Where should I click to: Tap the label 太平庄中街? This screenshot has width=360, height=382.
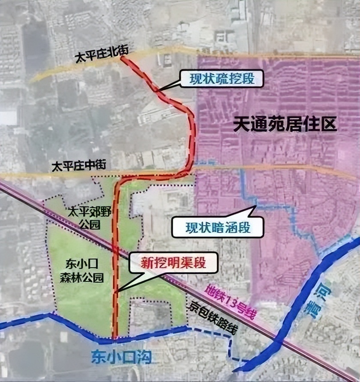coord(78,166)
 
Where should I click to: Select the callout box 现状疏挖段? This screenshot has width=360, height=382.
coord(220,79)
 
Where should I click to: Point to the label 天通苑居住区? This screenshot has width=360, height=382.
coord(285,125)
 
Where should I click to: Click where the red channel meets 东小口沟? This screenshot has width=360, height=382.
coord(114,340)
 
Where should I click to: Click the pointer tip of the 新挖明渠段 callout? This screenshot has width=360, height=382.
coord(117,292)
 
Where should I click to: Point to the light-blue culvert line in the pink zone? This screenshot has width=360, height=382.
coord(274,205)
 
